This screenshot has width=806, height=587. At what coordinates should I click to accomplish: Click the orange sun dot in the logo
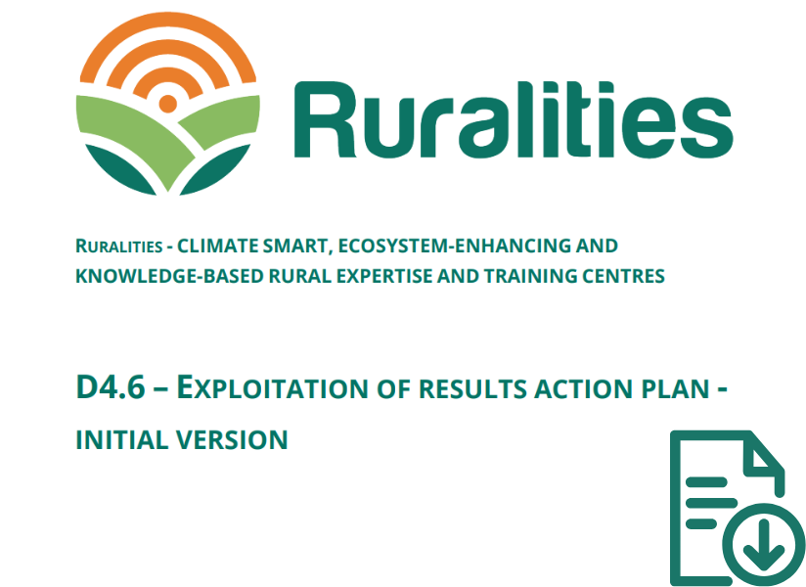tap(167, 104)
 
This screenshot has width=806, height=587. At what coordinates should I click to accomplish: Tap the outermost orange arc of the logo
tap(167, 21)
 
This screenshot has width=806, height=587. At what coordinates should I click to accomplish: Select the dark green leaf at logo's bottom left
tap(119, 169)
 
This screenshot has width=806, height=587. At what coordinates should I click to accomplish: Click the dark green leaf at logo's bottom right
tap(215, 169)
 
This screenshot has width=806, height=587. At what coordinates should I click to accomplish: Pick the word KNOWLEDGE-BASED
tap(169, 277)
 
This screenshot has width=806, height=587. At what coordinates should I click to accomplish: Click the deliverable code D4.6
tap(111, 387)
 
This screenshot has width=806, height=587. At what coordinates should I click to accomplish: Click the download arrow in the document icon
tap(763, 544)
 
